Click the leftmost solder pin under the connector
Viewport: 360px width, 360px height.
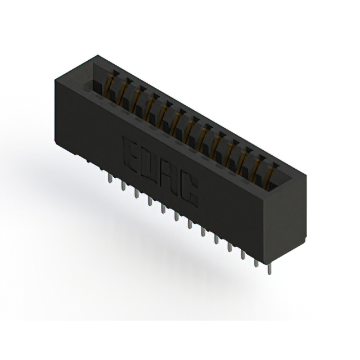coord(110,178)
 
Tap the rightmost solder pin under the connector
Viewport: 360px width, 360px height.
coord(269,269)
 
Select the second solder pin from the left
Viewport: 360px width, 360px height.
coord(123,186)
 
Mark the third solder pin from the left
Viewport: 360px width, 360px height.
coord(137,193)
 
